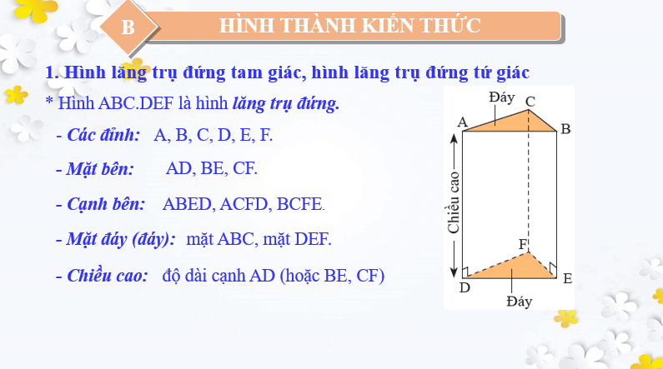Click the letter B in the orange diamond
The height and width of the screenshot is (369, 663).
click(128, 27)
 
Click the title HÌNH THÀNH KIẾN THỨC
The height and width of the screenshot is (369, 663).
click(349, 25)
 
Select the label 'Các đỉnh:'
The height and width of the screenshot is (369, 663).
click(103, 135)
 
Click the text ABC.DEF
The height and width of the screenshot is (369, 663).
click(136, 103)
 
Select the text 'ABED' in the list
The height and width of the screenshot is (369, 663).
click(187, 204)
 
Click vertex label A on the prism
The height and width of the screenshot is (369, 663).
click(463, 122)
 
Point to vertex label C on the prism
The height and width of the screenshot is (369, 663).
click(530, 102)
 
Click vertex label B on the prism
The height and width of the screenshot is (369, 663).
click(565, 129)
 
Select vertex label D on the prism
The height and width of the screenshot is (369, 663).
click(465, 287)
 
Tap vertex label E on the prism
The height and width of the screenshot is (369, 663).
click(567, 278)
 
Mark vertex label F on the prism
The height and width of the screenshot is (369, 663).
click(524, 244)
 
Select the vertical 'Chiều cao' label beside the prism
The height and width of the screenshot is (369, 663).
click(454, 202)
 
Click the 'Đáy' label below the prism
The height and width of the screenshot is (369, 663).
click(520, 302)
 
